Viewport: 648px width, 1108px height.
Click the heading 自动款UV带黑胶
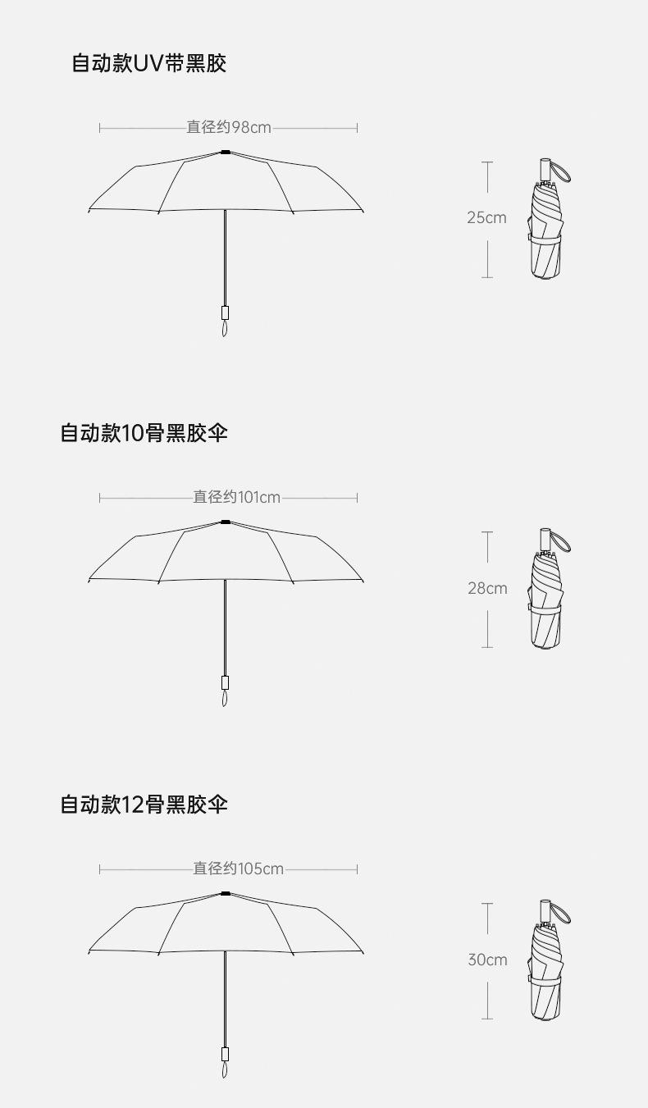coord(149,63)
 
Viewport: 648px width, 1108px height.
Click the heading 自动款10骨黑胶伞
coord(144,432)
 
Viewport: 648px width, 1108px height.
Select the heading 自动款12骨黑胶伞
coord(144,804)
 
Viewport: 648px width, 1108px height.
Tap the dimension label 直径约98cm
coord(228,127)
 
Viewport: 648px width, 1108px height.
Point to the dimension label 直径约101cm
coord(236,497)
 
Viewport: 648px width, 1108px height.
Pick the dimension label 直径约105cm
coord(238,869)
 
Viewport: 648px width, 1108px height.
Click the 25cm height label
coord(486,217)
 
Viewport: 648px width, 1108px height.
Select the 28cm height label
coord(487,588)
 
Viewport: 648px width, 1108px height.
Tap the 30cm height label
coord(487,960)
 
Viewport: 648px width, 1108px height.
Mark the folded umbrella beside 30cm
coord(546,972)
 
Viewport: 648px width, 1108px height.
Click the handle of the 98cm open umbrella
coord(225,312)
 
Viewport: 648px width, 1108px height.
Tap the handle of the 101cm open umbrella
coord(225,682)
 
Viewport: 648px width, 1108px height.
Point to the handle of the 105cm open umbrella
coord(225,1054)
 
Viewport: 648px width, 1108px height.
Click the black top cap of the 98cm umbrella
coord(226,152)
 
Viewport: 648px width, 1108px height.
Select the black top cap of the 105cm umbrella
coord(226,892)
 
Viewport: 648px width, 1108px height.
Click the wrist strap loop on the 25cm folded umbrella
coord(561,171)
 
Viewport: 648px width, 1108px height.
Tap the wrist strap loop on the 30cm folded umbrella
coord(561,913)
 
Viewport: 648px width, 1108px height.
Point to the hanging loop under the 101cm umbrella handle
coord(225,699)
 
